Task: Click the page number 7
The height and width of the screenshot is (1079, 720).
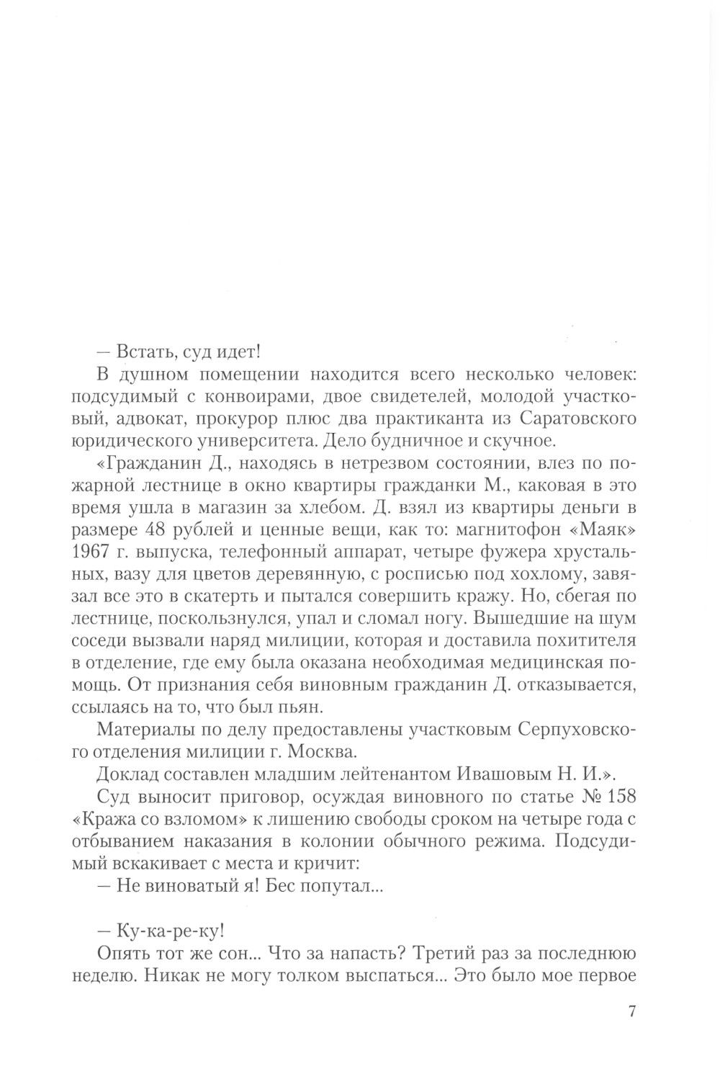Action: pos(631,1011)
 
